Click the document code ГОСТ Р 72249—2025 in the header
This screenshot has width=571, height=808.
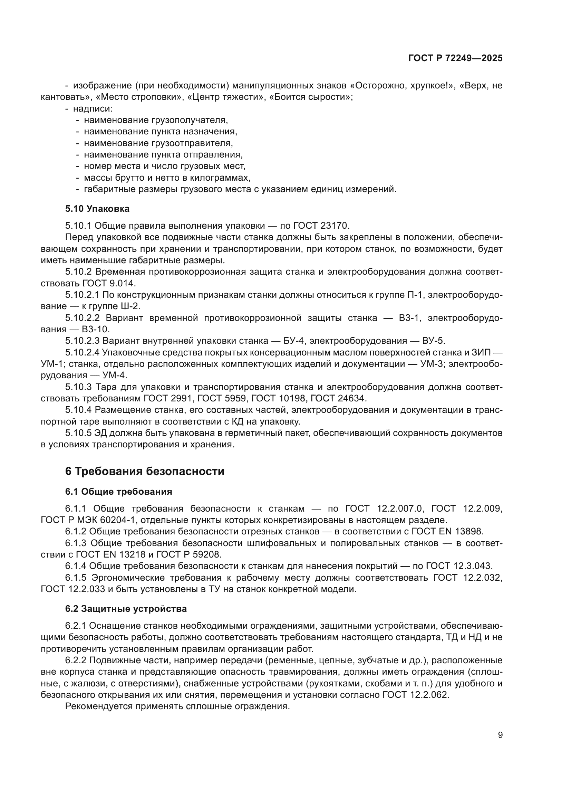point(455,58)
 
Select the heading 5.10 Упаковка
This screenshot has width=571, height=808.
point(97,209)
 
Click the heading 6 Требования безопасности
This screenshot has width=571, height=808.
point(145,471)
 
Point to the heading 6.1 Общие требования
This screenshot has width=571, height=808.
point(118,492)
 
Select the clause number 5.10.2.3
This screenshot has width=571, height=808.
point(83,341)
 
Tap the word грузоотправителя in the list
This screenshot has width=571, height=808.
point(192,143)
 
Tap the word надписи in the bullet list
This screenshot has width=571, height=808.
point(93,109)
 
